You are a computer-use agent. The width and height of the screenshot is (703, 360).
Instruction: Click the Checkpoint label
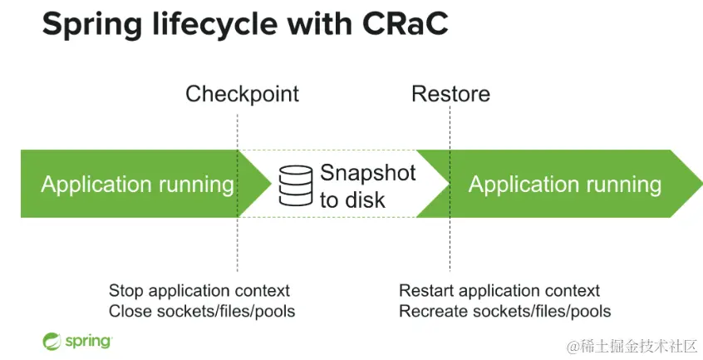(242, 95)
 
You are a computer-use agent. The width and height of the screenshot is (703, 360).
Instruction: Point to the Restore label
(450, 94)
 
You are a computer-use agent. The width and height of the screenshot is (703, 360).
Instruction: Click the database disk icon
(296, 185)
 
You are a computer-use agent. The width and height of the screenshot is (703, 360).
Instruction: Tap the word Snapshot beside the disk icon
(367, 174)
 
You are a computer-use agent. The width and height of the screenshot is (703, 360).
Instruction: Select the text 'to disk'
(352, 200)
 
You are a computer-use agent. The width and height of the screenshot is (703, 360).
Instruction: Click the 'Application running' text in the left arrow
(137, 185)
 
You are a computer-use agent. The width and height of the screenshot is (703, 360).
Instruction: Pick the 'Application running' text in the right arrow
(565, 185)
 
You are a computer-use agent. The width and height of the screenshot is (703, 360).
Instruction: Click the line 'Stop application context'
(199, 290)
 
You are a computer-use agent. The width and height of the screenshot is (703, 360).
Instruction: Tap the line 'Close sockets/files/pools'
(202, 311)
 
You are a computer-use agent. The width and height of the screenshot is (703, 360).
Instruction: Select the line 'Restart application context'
(499, 290)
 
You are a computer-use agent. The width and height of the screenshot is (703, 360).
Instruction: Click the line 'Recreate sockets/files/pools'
(505, 311)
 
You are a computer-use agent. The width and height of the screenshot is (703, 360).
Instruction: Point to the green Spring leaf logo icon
(52, 341)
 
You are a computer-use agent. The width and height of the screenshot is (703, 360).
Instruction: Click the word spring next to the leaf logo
(88, 342)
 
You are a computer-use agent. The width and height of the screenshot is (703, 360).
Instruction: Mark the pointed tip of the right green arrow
(702, 184)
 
